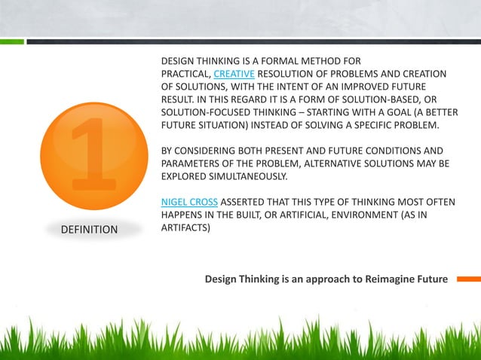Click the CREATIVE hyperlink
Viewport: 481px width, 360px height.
coord(235,73)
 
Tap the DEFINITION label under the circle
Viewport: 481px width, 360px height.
coord(89,229)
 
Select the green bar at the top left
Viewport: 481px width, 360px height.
coord(11,41)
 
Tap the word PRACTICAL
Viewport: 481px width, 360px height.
coord(186,73)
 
